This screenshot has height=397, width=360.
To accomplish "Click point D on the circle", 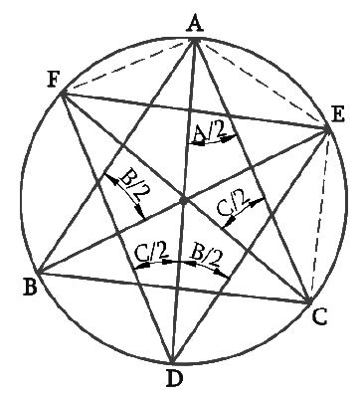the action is pyautogui.click(x=172, y=363).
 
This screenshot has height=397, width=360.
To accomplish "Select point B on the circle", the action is pyautogui.click(x=36, y=272).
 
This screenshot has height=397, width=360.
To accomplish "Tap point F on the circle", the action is pyautogui.click(x=64, y=93).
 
